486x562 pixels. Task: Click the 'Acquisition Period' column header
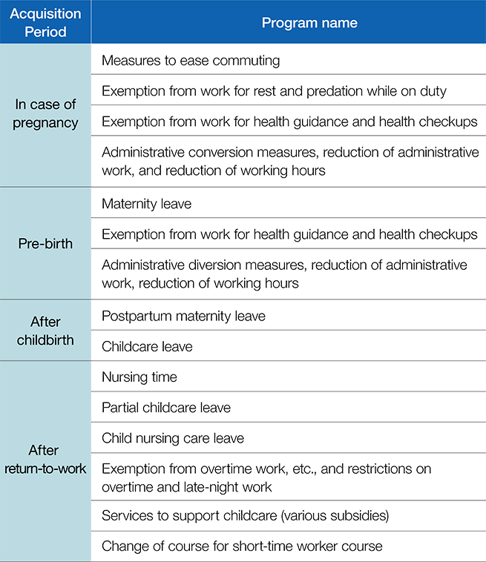pos(45,22)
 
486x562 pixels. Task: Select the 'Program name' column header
pos(309,22)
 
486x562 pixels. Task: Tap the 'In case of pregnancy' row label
pos(45,113)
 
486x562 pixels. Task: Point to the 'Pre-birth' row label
pos(45,244)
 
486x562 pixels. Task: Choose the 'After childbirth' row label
pos(45,331)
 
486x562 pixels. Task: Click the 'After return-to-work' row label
pos(45,459)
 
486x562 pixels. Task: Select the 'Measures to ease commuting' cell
pos(191,61)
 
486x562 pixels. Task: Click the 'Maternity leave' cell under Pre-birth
pos(147,204)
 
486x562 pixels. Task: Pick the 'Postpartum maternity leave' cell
pos(183,316)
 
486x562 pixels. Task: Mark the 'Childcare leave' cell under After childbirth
pos(147,346)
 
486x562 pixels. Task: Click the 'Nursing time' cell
pos(139,377)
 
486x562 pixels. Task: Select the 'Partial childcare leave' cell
pos(166,408)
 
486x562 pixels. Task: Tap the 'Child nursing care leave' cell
pos(173,438)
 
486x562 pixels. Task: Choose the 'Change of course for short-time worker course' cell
pos(242,546)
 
